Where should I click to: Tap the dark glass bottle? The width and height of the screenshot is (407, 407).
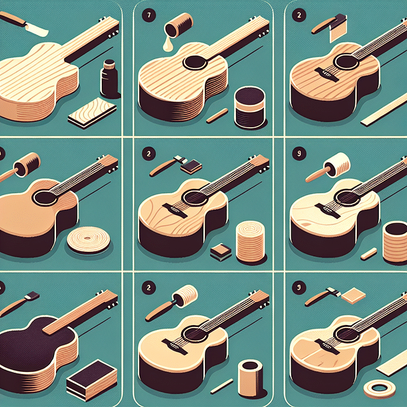(109, 81)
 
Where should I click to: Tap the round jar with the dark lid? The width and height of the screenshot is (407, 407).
(249, 106)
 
